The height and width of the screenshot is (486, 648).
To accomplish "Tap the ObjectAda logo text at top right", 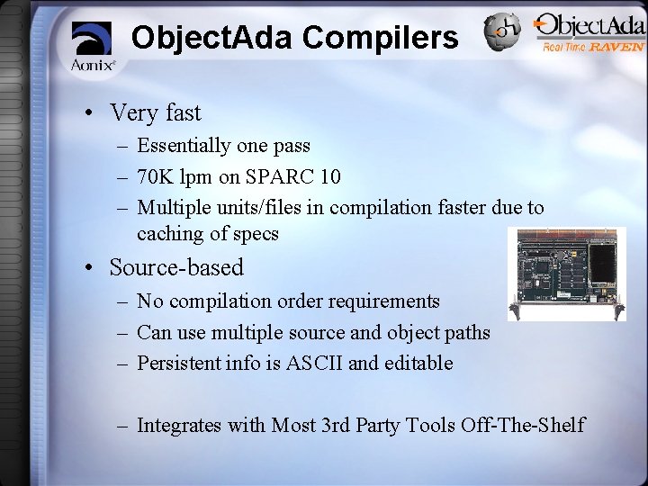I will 589,26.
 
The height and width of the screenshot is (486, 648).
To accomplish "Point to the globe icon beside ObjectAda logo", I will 502,32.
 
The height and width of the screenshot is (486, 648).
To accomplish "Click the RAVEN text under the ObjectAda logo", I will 616,47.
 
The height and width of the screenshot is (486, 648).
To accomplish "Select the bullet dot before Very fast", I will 91,114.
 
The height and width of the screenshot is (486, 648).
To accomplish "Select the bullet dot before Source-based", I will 91,268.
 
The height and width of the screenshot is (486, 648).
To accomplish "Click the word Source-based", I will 176,267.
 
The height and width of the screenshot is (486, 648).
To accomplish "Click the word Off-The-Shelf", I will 523,425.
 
